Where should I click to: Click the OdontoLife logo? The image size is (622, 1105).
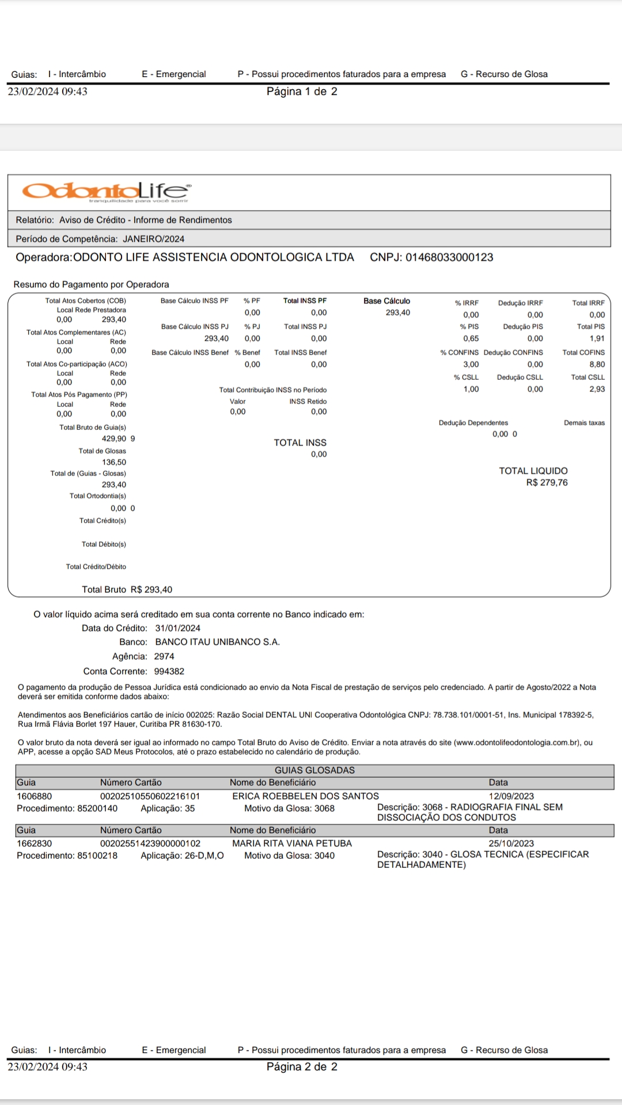tap(107, 191)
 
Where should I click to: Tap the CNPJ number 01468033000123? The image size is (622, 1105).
tap(449, 257)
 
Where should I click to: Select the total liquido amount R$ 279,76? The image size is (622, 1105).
tap(547, 483)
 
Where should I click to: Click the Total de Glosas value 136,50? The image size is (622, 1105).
tap(114, 462)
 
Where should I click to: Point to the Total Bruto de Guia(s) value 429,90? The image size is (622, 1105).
tap(113, 439)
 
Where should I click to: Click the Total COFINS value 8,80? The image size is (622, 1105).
tap(597, 364)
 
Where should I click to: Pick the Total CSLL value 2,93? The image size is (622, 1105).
tap(597, 389)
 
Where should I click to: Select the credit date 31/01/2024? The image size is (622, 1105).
tap(177, 628)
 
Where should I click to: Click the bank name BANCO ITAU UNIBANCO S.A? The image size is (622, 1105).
tap(217, 642)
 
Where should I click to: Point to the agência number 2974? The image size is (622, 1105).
tap(164, 657)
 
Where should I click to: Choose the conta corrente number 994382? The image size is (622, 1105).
tap(169, 672)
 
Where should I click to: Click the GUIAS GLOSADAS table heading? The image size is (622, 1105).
tap(314, 771)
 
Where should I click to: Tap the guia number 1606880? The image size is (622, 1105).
tap(34, 797)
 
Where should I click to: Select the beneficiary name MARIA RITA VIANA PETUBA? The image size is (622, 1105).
tap(291, 844)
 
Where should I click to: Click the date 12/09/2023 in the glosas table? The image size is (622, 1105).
tap(511, 797)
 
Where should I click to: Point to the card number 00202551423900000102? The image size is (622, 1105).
tap(150, 844)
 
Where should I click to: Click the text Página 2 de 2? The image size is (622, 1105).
tap(302, 1067)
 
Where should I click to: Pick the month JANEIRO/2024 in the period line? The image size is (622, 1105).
tap(153, 239)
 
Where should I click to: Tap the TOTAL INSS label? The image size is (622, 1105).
tap(299, 443)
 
